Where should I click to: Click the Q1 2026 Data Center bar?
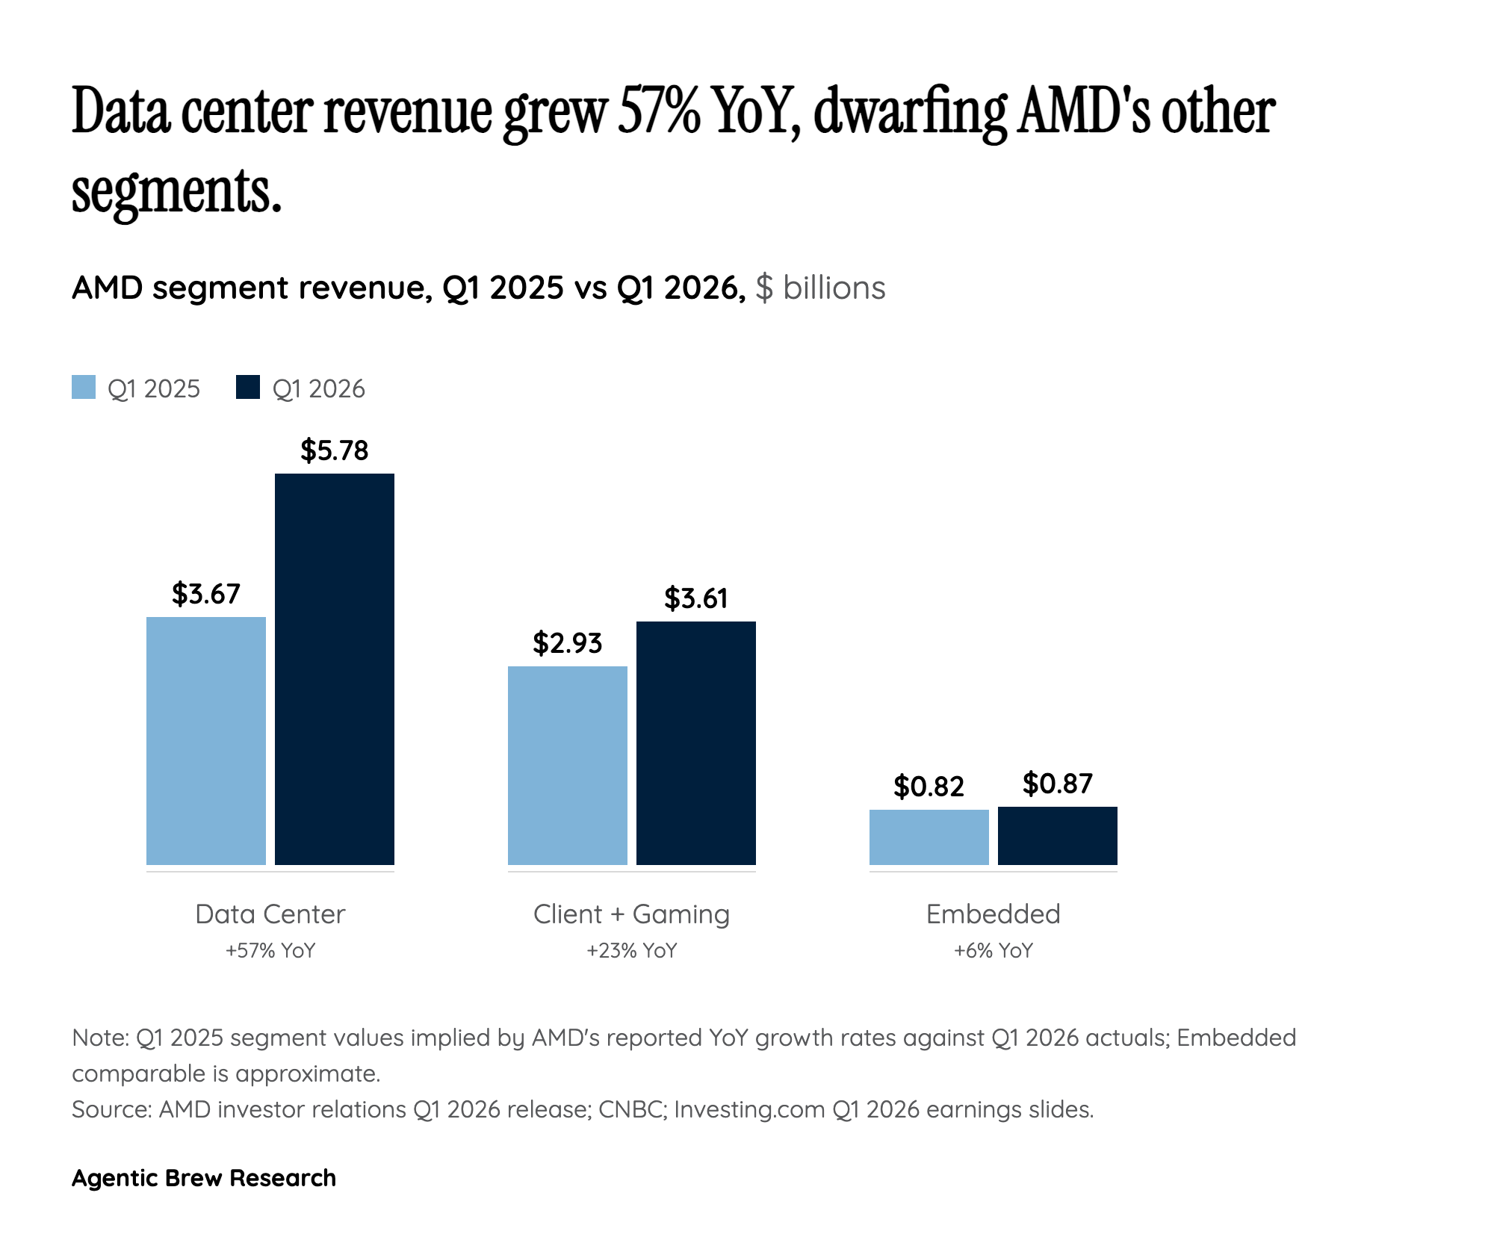click(x=335, y=669)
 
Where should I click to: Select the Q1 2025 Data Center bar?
click(x=206, y=741)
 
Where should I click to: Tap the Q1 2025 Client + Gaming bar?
click(x=568, y=766)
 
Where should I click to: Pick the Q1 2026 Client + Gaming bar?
click(x=696, y=743)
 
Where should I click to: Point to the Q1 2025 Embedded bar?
click(x=929, y=837)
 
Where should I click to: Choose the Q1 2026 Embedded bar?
click(x=1058, y=836)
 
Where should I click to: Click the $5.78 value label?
click(x=335, y=450)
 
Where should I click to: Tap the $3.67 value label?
click(x=206, y=594)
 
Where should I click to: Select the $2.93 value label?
click(x=568, y=643)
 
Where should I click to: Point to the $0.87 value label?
click(x=1058, y=784)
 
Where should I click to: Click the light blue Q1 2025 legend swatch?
click(x=84, y=387)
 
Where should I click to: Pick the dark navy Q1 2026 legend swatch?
click(x=248, y=387)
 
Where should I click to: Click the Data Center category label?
click(x=270, y=914)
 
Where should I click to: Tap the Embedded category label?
click(x=994, y=914)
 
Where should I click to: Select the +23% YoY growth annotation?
click(x=632, y=951)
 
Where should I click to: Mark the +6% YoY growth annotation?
click(x=994, y=951)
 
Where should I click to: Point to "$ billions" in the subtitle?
click(x=820, y=288)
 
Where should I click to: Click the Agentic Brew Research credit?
click(x=204, y=1178)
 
